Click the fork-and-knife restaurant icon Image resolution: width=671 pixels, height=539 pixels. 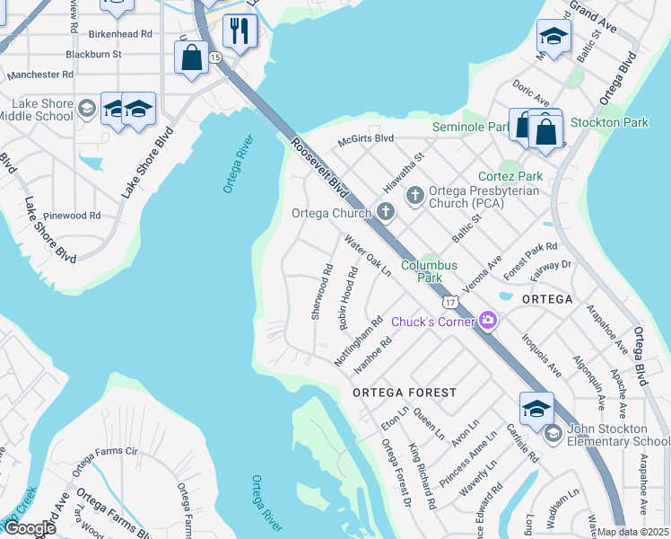[x=240, y=31]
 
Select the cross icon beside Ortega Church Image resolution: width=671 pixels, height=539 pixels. [x=386, y=213]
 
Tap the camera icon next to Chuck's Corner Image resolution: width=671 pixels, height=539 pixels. [x=488, y=320]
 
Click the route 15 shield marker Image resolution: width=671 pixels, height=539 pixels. [x=214, y=57]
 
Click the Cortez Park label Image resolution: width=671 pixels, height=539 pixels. [x=510, y=176]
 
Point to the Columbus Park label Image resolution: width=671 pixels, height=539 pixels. [x=429, y=271]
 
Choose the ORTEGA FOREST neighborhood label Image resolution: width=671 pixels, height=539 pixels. [x=404, y=393]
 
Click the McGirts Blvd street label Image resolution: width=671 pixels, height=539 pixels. [x=365, y=139]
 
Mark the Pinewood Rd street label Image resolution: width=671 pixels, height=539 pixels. [x=72, y=216]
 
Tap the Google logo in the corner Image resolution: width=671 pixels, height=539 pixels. [x=29, y=528]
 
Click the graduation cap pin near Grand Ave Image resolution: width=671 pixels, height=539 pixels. [x=553, y=37]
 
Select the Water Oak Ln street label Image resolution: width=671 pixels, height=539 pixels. [x=369, y=256]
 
